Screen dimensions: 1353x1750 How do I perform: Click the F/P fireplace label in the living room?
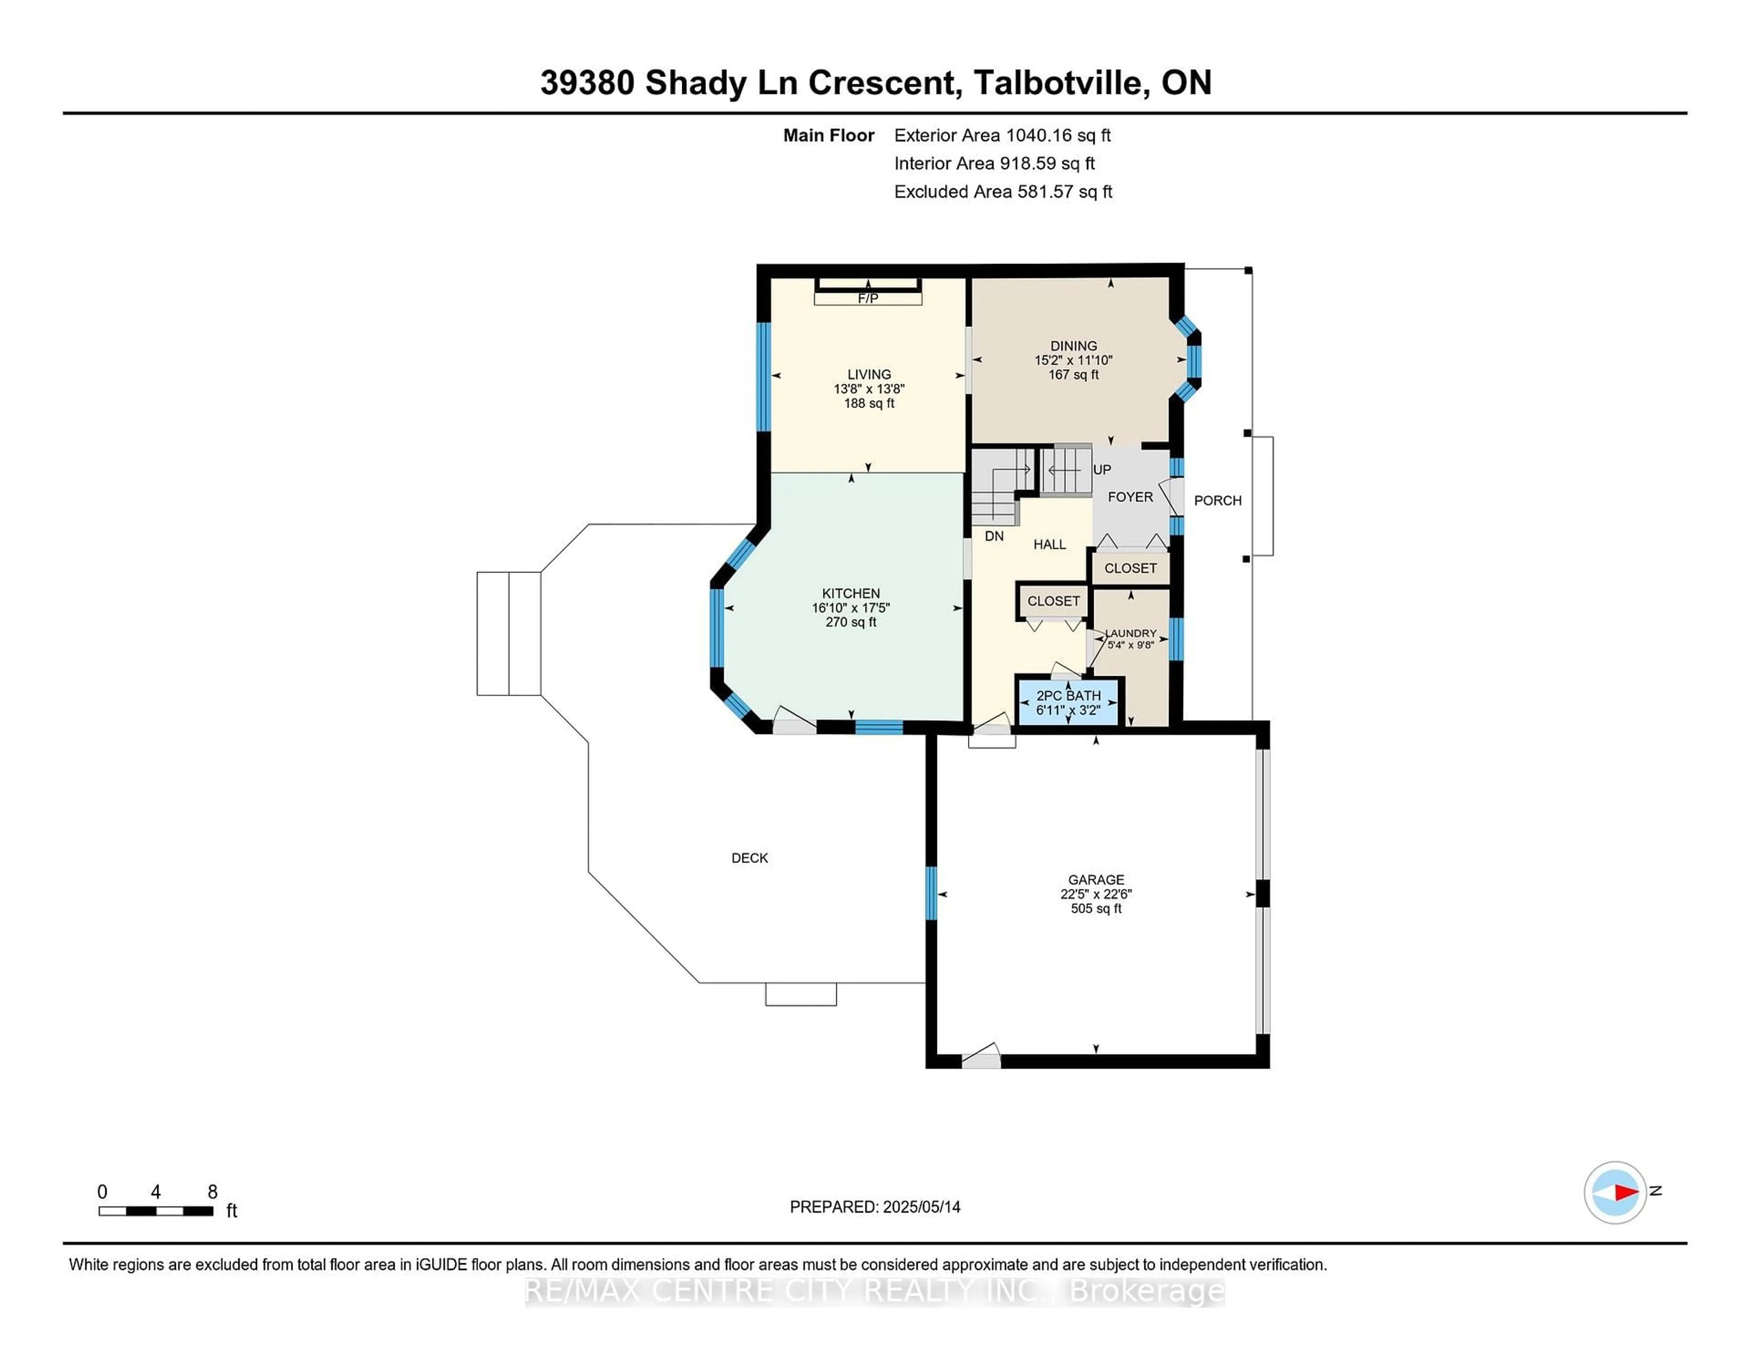(x=868, y=298)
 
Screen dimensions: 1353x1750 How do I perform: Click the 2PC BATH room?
(x=1068, y=702)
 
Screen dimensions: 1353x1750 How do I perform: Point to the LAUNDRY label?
(x=1131, y=633)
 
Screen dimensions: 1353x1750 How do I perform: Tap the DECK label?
(x=749, y=857)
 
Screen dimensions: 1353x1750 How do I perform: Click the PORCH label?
(x=1217, y=500)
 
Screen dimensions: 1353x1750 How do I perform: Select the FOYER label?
(x=1130, y=497)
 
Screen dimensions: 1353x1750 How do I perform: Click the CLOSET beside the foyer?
(x=1130, y=568)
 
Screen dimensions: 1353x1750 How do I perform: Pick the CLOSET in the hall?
(x=1053, y=601)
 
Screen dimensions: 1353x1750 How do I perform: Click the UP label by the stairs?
(x=1102, y=470)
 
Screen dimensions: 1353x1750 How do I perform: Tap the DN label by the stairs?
(x=993, y=536)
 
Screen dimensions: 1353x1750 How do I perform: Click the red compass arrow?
(x=1626, y=1193)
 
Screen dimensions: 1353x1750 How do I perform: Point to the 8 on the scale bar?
(x=212, y=1192)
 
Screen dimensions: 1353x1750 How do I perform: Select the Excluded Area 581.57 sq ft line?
(x=1003, y=191)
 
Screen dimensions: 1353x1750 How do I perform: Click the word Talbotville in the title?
(x=1058, y=83)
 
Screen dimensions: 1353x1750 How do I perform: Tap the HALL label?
(x=1049, y=544)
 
